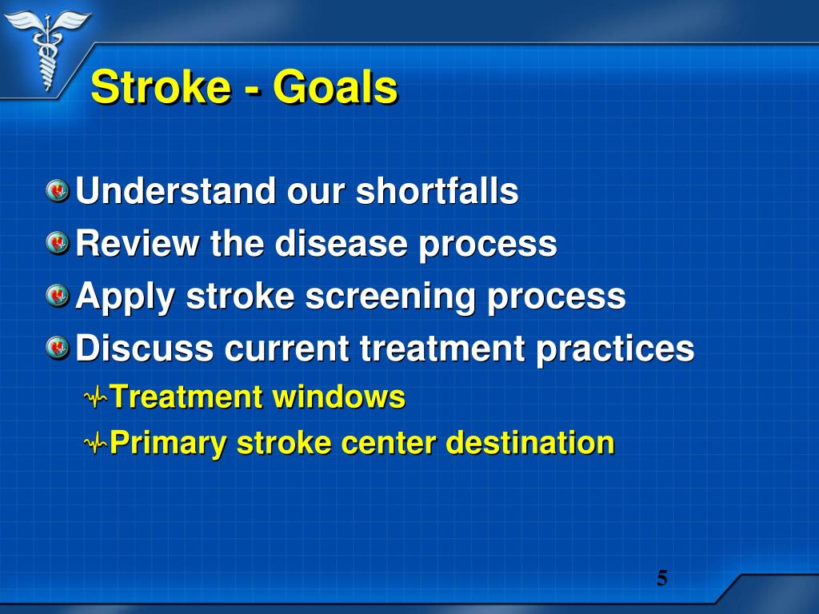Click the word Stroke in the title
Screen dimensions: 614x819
pyautogui.click(x=160, y=87)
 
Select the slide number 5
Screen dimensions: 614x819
pyautogui.click(x=661, y=578)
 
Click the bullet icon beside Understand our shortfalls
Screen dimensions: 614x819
pyautogui.click(x=58, y=192)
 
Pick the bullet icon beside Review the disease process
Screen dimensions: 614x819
pyautogui.click(x=58, y=243)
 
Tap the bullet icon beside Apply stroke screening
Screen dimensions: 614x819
pyautogui.click(x=58, y=296)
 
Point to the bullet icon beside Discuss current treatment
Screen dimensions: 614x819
pyautogui.click(x=58, y=348)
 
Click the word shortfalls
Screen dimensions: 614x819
pyautogui.click(x=437, y=192)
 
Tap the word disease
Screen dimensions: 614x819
pyautogui.click(x=342, y=243)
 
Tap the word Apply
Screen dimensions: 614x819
pyautogui.click(x=125, y=297)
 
